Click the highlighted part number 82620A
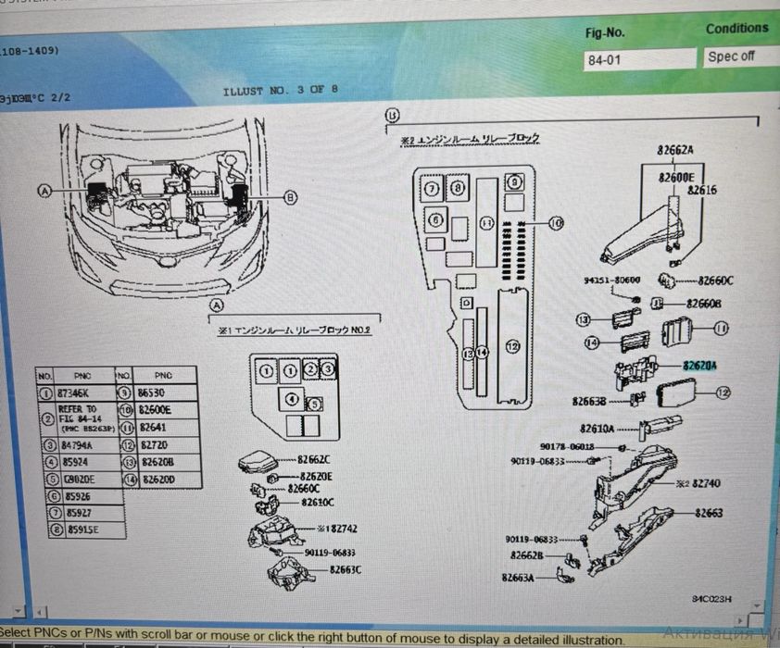tap(700, 366)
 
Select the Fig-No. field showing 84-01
tap(639, 59)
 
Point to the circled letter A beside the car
tap(43, 191)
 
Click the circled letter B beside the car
tap(290, 196)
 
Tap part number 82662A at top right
tap(676, 150)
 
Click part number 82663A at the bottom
tap(519, 577)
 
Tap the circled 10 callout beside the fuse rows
tap(555, 222)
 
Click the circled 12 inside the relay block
tap(512, 346)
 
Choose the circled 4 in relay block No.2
tap(292, 400)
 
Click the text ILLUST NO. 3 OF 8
tap(280, 91)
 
